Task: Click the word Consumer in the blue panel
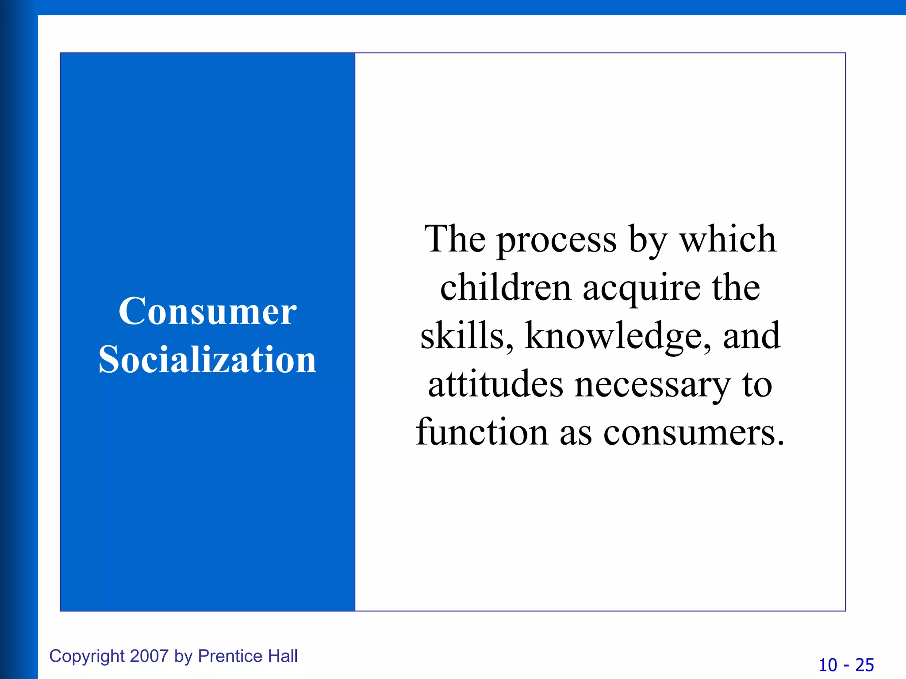tap(207, 312)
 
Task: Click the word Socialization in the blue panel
tap(207, 359)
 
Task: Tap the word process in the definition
tap(557, 241)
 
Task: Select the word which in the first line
tap(728, 239)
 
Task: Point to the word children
tap(506, 288)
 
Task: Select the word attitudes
tap(495, 384)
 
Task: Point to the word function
tap(482, 432)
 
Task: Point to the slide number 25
tap(864, 665)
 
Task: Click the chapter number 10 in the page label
tap(828, 665)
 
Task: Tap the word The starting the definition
tap(455, 239)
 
